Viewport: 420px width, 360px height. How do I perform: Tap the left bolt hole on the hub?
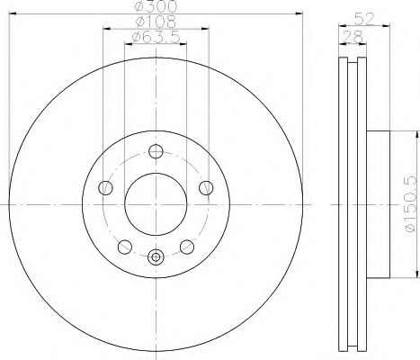pyautogui.click(x=105, y=187)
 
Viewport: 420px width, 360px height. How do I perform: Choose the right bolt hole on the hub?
pyautogui.click(x=207, y=187)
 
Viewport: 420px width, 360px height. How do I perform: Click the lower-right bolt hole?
pyautogui.click(x=187, y=246)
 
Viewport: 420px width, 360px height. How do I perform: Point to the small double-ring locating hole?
pyautogui.click(x=156, y=256)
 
